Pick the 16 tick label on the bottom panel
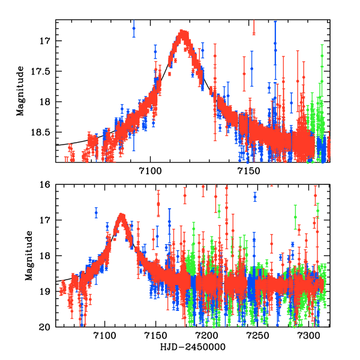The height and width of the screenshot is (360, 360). [46, 184]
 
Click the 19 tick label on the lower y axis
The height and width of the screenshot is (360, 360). [46, 292]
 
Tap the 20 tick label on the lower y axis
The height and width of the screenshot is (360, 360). [46, 327]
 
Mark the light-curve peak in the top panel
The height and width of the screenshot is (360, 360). [184, 32]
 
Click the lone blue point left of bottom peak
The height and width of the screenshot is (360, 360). [96, 213]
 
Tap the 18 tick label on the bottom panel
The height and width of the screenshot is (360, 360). [46, 256]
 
